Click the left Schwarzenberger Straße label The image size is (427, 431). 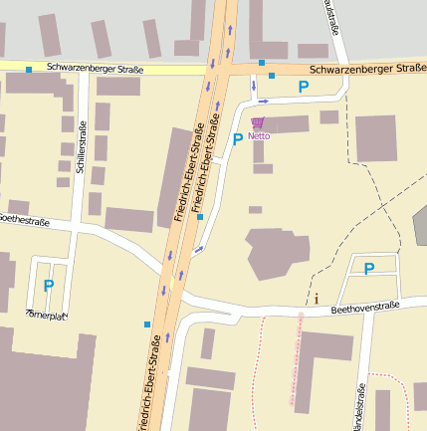[95, 70]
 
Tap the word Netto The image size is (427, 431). [259, 135]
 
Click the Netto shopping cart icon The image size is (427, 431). [258, 122]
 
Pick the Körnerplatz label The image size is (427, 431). [46, 315]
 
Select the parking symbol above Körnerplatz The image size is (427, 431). [48, 286]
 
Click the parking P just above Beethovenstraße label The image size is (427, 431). [368, 269]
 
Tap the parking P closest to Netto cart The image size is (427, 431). [237, 139]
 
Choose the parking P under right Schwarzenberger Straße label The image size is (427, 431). [304, 88]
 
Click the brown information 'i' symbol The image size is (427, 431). [317, 298]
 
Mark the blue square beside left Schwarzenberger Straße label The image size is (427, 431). [29, 70]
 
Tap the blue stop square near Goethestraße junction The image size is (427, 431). [199, 216]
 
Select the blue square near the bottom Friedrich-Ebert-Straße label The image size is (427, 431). [147, 324]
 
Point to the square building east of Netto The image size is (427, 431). [376, 138]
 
